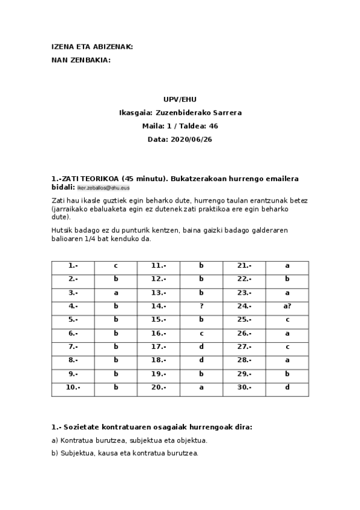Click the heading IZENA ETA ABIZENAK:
coord(92,47)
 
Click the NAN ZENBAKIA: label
coord(81,60)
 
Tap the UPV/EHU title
coord(180,99)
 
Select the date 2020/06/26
coord(192,139)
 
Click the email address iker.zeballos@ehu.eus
coord(103,188)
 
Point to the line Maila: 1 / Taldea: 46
coord(180,126)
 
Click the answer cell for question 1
coord(116,265)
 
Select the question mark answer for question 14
coord(201,306)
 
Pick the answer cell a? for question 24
coord(287,306)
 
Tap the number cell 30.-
coord(244,387)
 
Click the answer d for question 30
coord(287,387)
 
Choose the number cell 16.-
coord(159,333)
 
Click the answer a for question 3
coord(116,292)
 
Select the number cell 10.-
coord(73,387)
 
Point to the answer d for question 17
coord(201,346)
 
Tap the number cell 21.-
coord(244,265)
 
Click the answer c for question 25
coord(287,319)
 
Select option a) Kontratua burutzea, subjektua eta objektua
coord(129,440)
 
